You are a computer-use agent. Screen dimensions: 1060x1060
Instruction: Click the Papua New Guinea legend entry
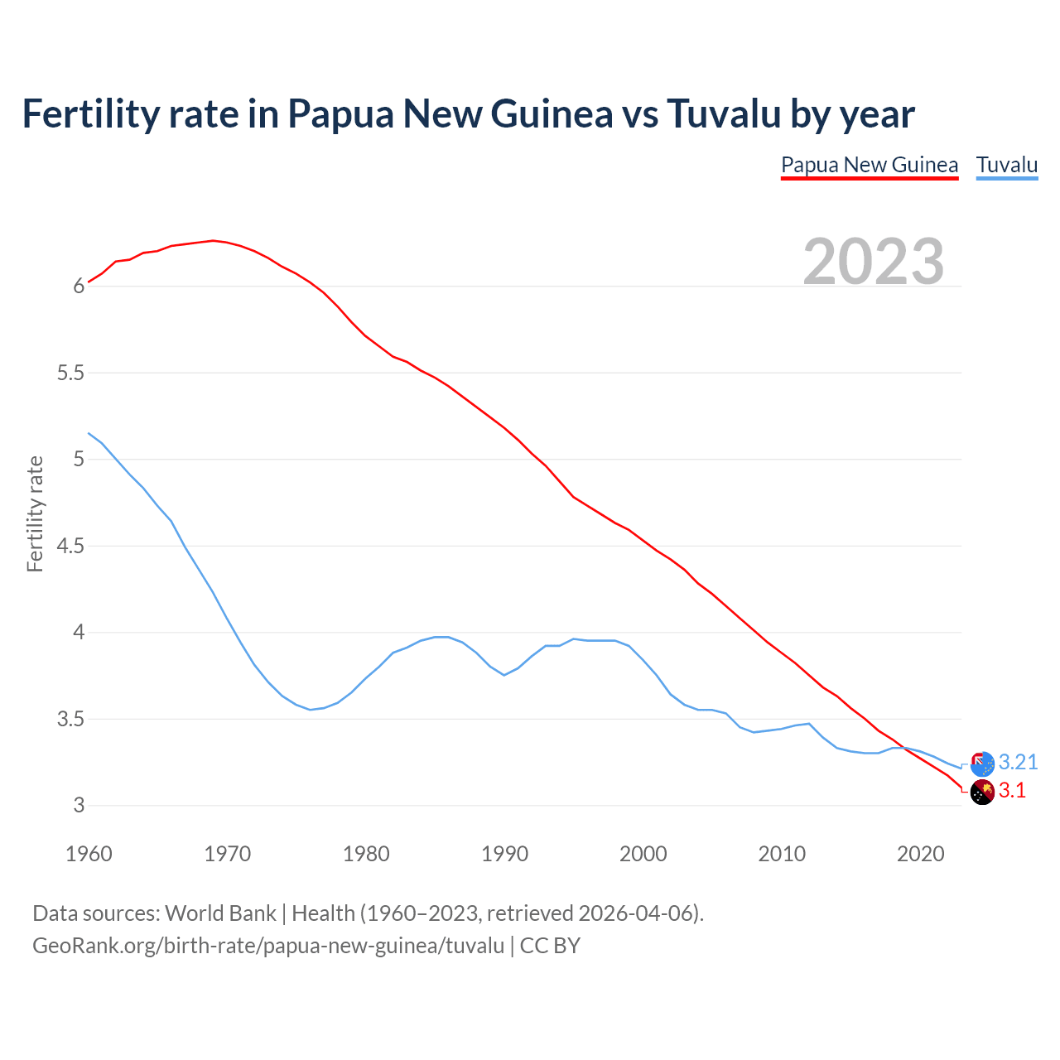coord(870,165)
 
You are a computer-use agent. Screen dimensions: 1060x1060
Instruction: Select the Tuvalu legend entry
coord(1006,165)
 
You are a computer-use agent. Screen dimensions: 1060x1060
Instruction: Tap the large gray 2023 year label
coord(874,261)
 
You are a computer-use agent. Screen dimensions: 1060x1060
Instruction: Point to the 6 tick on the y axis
coord(79,287)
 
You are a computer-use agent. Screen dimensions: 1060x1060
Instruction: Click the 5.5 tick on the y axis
coord(71,373)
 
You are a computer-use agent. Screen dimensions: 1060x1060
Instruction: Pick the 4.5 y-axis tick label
coord(71,546)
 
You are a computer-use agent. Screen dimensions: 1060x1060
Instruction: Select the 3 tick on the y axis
coord(79,805)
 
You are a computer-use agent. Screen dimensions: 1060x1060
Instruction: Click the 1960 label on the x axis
coord(89,854)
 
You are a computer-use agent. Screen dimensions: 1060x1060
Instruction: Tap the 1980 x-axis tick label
coord(366,854)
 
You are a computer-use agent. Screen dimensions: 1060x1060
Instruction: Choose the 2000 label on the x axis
coord(643,854)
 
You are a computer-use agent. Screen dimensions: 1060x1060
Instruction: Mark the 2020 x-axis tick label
coord(920,854)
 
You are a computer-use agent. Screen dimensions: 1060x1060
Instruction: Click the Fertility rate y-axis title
coord(35,513)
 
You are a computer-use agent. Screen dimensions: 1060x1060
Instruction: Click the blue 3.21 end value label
coord(1018,762)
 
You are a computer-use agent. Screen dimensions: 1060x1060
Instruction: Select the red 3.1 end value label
coord(1012,791)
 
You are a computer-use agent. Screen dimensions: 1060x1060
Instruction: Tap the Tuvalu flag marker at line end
coord(982,764)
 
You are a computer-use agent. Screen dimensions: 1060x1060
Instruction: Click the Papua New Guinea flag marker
coord(982,793)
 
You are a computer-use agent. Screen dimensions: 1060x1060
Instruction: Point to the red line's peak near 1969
coord(213,240)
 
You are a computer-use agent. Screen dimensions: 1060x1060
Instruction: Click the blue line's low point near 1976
coord(311,710)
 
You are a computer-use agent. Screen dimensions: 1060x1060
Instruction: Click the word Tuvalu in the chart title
coord(724,113)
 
